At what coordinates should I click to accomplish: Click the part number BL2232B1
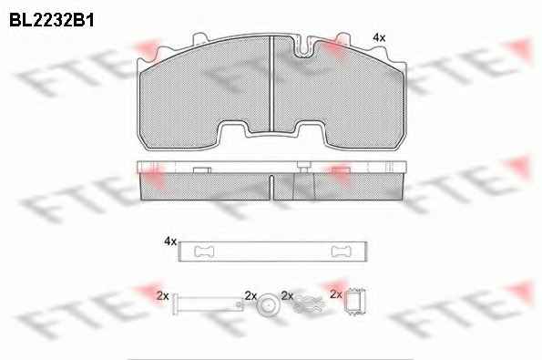[x=52, y=20]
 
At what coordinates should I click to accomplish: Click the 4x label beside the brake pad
[x=379, y=37]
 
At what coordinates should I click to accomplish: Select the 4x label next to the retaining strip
[x=170, y=241]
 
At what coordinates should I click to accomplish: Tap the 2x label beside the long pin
[x=162, y=295]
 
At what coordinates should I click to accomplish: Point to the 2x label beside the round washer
[x=251, y=295]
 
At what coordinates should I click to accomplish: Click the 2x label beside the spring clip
[x=288, y=295]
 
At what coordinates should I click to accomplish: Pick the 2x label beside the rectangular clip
[x=336, y=294]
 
